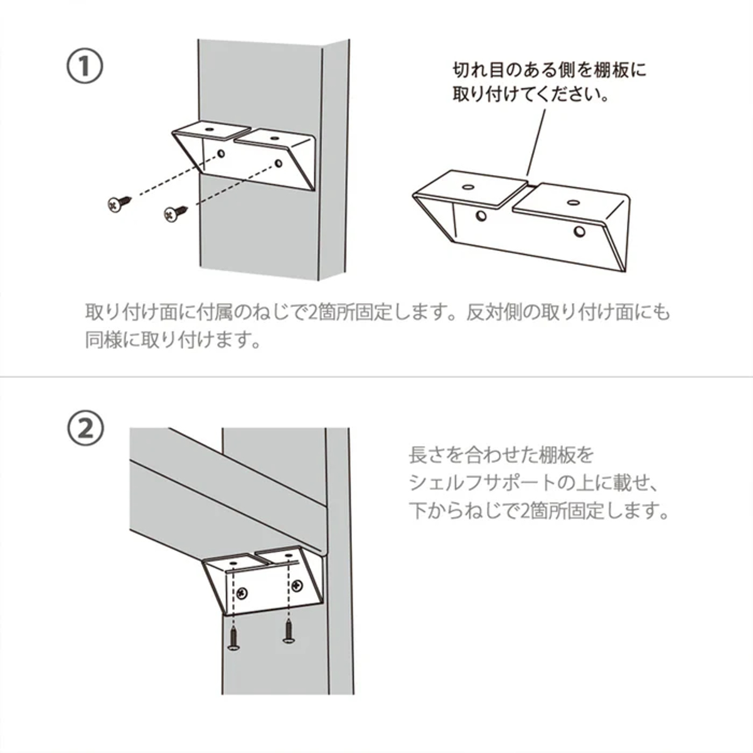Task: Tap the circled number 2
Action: (86, 429)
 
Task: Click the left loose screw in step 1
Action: (119, 203)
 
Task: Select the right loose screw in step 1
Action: (176, 213)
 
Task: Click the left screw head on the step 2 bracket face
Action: (243, 591)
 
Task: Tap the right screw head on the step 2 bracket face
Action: (297, 585)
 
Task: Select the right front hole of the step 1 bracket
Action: (278, 162)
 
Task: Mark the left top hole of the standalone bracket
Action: (467, 187)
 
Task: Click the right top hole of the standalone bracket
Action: (573, 203)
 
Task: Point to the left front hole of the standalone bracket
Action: (481, 215)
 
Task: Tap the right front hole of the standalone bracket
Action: (580, 232)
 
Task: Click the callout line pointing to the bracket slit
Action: (535, 142)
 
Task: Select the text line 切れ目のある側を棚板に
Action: (550, 70)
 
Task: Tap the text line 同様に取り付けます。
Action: (173, 340)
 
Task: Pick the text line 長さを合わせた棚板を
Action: (501, 456)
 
